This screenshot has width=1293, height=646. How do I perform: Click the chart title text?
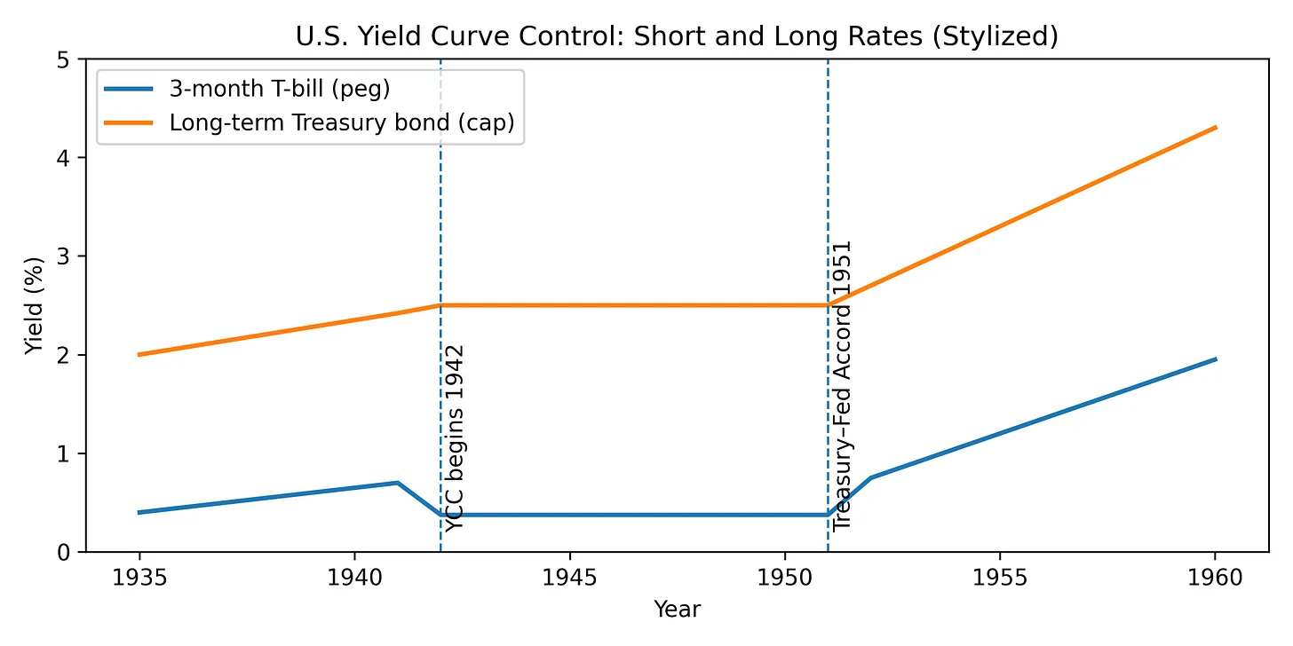(x=676, y=39)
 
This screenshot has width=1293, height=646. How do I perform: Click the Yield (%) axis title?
(x=34, y=305)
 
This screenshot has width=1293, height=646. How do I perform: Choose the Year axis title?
(x=677, y=609)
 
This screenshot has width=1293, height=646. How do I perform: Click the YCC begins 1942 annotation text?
(x=455, y=438)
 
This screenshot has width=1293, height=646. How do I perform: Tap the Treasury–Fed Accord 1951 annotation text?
(x=842, y=385)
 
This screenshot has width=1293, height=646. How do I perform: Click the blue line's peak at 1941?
(x=397, y=483)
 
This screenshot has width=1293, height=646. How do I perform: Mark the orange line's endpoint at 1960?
(x=1215, y=128)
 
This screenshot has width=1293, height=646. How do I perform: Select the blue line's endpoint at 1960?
(x=1215, y=359)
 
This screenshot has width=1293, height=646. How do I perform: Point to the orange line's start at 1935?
(x=139, y=355)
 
